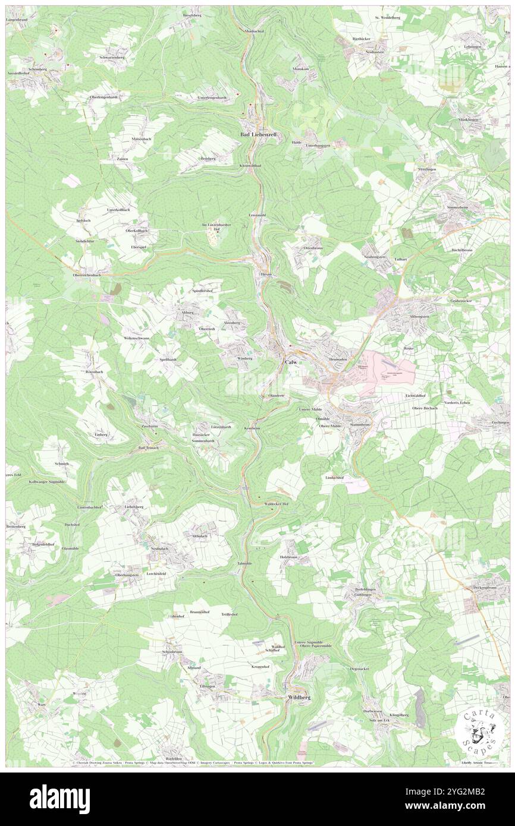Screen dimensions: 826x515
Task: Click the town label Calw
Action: (290, 362)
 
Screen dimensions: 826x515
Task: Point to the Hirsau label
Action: (266, 275)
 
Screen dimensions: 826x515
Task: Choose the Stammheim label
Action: (360, 425)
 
